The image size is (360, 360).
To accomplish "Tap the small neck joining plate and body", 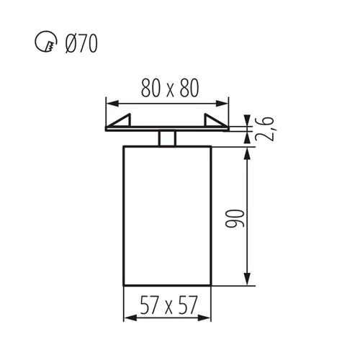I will coord(168,138).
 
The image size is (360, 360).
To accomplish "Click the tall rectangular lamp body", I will coord(168,216).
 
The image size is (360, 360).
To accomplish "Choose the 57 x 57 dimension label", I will coord(168,305).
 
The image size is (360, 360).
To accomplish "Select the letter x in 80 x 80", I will coord(169,89).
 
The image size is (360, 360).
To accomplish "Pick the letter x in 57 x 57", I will coord(168,307).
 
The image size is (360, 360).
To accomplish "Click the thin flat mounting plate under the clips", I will coord(168,129).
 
